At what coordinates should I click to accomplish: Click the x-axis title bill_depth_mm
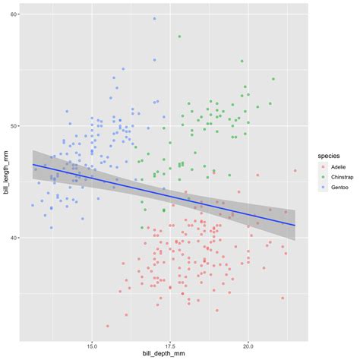(x=169, y=354)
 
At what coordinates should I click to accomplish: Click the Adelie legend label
(x=339, y=165)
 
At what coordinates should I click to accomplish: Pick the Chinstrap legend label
(x=343, y=176)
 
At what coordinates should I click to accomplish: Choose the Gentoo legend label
(x=339, y=188)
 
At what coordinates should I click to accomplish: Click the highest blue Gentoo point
(x=154, y=19)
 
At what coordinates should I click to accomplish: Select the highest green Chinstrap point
(x=179, y=36)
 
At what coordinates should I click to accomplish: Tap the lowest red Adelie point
(x=108, y=326)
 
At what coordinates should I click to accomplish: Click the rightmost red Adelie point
(x=295, y=171)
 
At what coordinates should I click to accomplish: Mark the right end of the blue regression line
(x=295, y=225)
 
